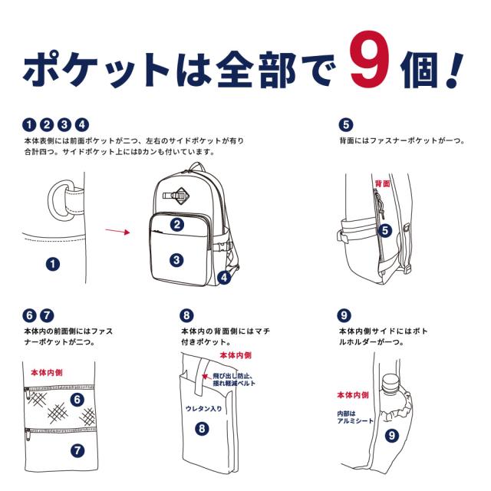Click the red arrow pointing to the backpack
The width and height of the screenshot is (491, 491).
pyautogui.click(x=115, y=229)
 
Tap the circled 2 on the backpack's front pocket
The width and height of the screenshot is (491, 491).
pyautogui.click(x=176, y=225)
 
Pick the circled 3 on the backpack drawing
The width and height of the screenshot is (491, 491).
pyautogui.click(x=176, y=260)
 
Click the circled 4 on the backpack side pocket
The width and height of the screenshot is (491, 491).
pyautogui.click(x=223, y=278)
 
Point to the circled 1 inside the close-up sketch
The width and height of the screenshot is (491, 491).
pyautogui.click(x=52, y=263)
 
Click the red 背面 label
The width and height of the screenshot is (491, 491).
pyautogui.click(x=381, y=183)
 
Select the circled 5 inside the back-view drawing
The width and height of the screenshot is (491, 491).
pyautogui.click(x=385, y=229)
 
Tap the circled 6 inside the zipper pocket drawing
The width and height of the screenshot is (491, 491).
pyautogui.click(x=77, y=399)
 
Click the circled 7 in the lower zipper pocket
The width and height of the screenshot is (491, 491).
pyautogui.click(x=77, y=450)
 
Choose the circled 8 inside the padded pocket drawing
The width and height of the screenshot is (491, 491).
pyautogui.click(x=201, y=430)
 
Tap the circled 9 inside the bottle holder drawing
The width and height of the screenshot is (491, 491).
pyautogui.click(x=391, y=435)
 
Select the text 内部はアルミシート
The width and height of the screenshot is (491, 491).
pyautogui.click(x=351, y=417)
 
